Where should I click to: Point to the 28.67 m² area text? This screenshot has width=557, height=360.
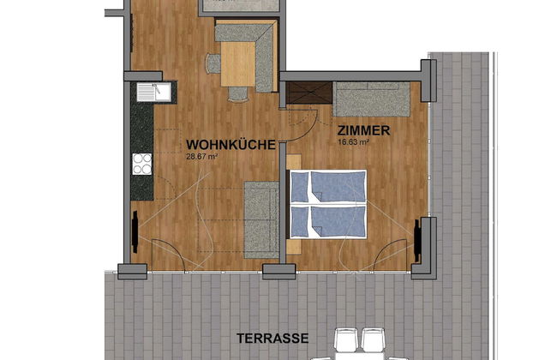click(202, 157)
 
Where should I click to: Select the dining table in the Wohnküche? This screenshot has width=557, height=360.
click(237, 64)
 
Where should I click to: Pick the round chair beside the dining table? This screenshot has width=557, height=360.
click(213, 63)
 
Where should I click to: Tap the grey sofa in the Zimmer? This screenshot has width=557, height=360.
click(370, 100)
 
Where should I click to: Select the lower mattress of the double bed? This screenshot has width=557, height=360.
click(327, 221)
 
